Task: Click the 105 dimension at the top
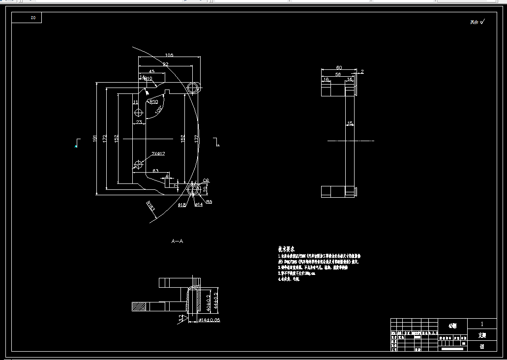(x=169, y=55)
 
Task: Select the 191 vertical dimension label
(x=95, y=139)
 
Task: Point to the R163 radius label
(x=150, y=207)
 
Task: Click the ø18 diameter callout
(x=181, y=204)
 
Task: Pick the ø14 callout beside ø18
(x=199, y=204)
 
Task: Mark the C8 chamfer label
(x=206, y=180)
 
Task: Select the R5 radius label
(x=209, y=202)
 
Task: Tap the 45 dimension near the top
(x=151, y=71)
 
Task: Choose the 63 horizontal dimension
(x=155, y=171)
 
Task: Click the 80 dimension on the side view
(x=339, y=67)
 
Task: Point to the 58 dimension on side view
(x=338, y=74)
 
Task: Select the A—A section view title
(x=177, y=241)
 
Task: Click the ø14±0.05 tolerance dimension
(x=208, y=320)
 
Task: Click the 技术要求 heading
(x=288, y=249)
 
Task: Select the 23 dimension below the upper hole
(x=139, y=122)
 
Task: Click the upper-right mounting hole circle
(x=194, y=88)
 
